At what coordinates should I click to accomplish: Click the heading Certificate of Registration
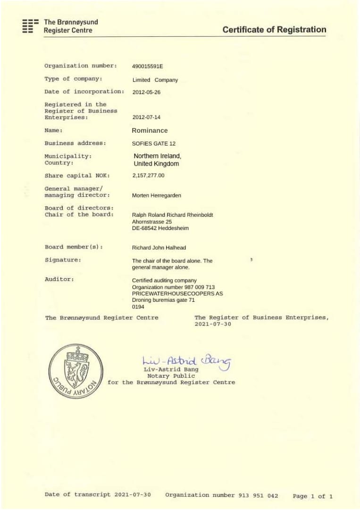point(274,30)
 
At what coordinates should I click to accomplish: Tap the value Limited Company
point(155,80)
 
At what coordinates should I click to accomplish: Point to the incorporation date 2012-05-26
point(146,92)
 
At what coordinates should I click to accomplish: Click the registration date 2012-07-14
point(146,117)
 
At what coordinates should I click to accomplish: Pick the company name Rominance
point(150,130)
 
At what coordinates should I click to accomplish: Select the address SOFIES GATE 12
point(154,143)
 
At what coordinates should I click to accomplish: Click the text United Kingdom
point(157,164)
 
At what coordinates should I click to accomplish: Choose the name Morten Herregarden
point(157,195)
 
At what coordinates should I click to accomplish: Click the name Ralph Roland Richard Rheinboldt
point(173,215)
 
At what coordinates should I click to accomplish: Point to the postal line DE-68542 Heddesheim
point(160,228)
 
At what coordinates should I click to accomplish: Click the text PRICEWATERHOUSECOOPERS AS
point(177,293)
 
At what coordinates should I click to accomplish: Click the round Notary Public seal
point(75,371)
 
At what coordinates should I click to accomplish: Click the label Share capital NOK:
point(77,176)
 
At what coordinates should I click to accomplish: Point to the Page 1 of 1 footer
point(313,496)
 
